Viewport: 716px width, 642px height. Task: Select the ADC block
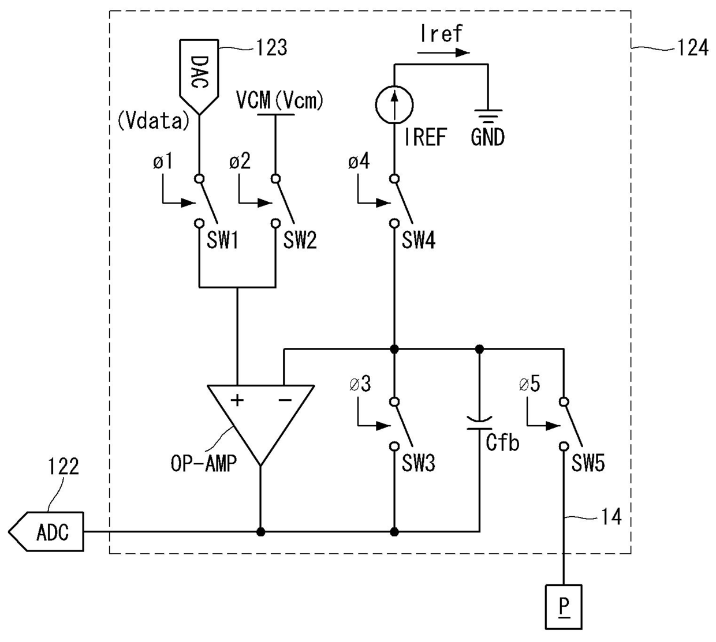(x=46, y=531)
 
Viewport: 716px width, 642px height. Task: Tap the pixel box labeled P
(x=564, y=607)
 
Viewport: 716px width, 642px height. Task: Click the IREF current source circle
(x=394, y=105)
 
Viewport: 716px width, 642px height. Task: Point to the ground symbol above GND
(x=488, y=116)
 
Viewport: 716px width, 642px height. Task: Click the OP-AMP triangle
(x=260, y=425)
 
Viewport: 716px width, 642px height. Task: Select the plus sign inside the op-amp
(x=237, y=400)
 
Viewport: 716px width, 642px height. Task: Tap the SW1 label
(x=222, y=241)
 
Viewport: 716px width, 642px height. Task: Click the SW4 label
(x=419, y=241)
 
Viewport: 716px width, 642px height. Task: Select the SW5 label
(x=588, y=463)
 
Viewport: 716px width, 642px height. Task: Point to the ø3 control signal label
(x=360, y=384)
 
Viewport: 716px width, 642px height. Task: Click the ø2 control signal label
(x=240, y=161)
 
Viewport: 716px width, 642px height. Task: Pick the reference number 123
(x=271, y=47)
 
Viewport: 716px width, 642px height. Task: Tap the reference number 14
(x=611, y=517)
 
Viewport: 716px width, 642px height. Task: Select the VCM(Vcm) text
(x=280, y=100)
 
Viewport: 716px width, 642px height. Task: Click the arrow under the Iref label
(x=443, y=52)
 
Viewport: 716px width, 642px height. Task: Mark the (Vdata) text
(x=154, y=121)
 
